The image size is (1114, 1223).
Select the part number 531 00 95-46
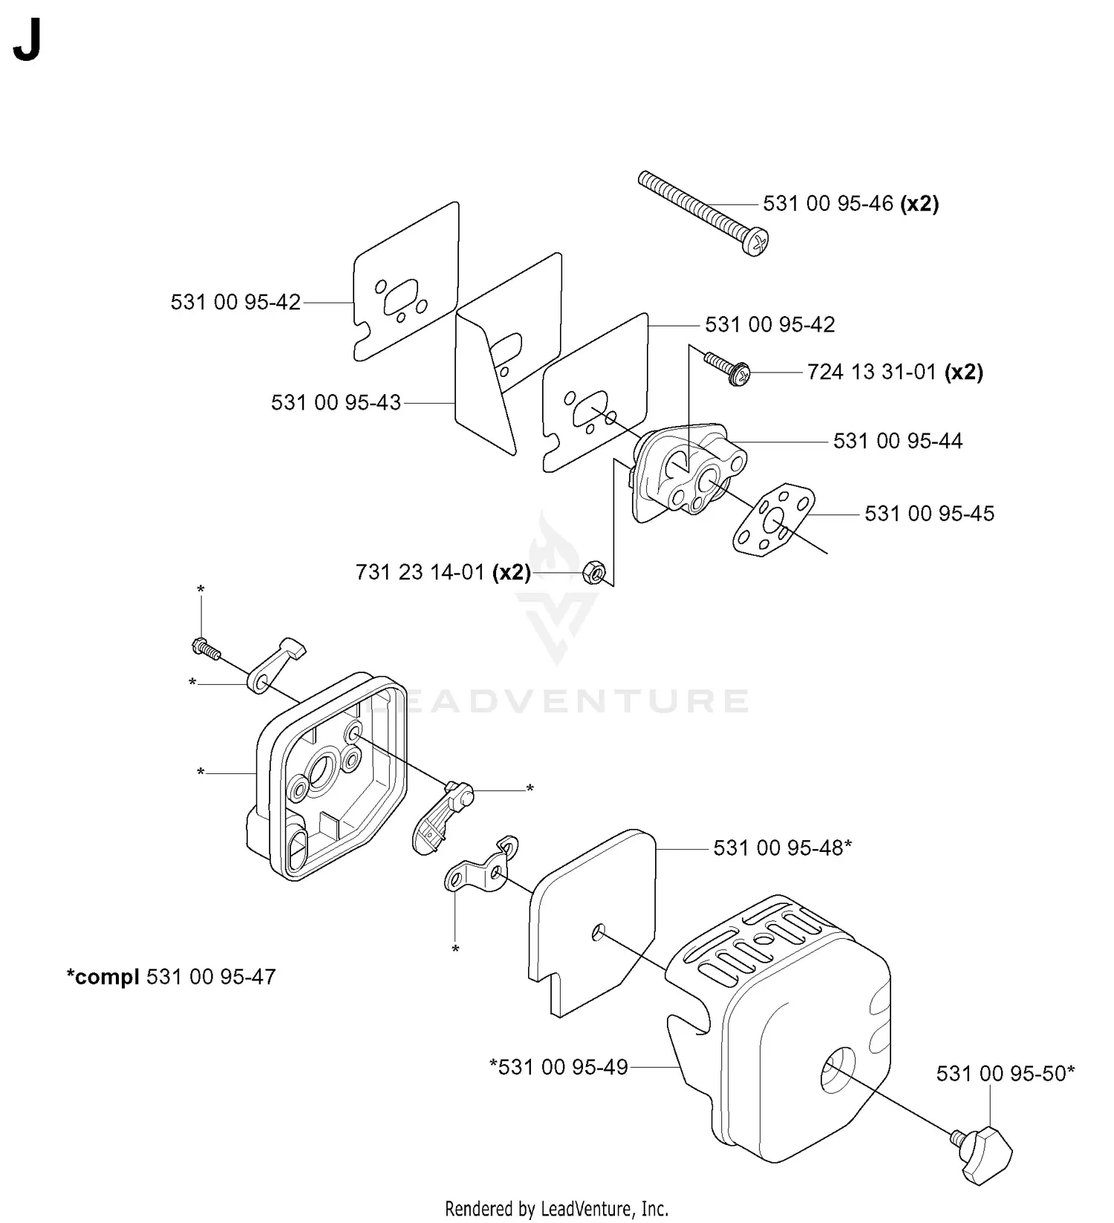pyautogui.click(x=828, y=203)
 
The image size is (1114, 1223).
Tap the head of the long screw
pyautogui.click(x=756, y=242)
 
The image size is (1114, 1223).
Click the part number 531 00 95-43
pyautogui.click(x=336, y=402)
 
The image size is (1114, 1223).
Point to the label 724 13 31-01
pyautogui.click(x=872, y=372)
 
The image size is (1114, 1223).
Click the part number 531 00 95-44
pyautogui.click(x=897, y=441)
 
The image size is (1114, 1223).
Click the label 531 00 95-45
pyautogui.click(x=929, y=514)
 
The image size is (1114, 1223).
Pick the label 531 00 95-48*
pyautogui.click(x=782, y=847)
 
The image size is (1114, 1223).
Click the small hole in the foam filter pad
pyautogui.click(x=599, y=933)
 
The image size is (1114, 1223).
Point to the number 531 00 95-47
pyautogui.click(x=211, y=977)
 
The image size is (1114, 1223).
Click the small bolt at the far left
pyautogui.click(x=206, y=648)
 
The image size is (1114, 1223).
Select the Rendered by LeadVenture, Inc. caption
pyautogui.click(x=556, y=1208)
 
